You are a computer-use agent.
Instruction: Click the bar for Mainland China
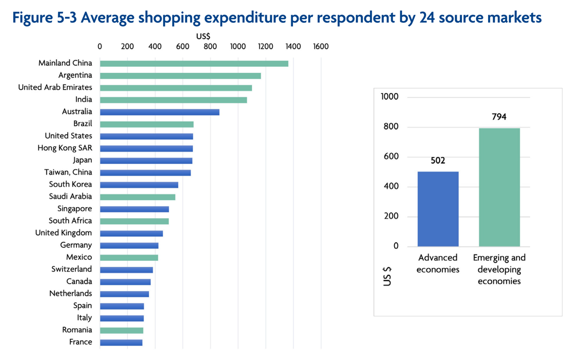(x=194, y=64)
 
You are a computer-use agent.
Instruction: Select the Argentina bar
(x=180, y=76)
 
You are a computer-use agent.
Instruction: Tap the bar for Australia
(x=160, y=112)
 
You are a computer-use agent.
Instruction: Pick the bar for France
(x=121, y=343)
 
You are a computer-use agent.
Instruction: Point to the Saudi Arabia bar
(x=137, y=197)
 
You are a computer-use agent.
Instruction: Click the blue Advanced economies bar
(x=438, y=209)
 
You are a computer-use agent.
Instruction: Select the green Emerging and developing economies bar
(x=499, y=187)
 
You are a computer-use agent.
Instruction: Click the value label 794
(x=499, y=117)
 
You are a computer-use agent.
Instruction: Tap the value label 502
(x=438, y=161)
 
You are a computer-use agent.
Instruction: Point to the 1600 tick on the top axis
(x=321, y=47)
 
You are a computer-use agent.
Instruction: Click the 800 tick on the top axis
(x=210, y=47)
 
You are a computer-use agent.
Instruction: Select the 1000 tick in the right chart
(x=390, y=97)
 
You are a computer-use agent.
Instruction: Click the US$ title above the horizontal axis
(x=203, y=36)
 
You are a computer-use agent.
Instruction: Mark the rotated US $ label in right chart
(x=387, y=276)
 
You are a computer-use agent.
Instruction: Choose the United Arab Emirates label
(x=55, y=87)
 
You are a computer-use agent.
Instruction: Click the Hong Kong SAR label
(x=65, y=148)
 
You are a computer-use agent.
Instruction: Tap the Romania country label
(x=77, y=330)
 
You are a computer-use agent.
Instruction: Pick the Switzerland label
(x=72, y=269)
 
